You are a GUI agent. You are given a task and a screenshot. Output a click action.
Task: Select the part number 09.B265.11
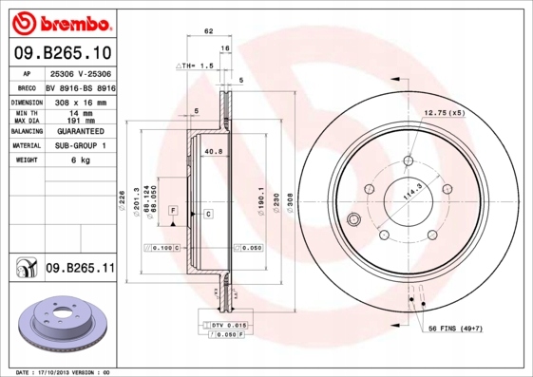pyautogui.click(x=79, y=269)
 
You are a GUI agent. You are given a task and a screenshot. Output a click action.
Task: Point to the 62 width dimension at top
pyautogui.click(x=206, y=32)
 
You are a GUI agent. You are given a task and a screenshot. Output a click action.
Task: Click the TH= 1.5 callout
pyautogui.click(x=194, y=66)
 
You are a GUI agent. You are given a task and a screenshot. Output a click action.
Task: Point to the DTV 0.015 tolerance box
pyautogui.click(x=228, y=325)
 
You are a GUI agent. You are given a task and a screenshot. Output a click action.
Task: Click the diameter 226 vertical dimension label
pyautogui.click(x=122, y=198)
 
